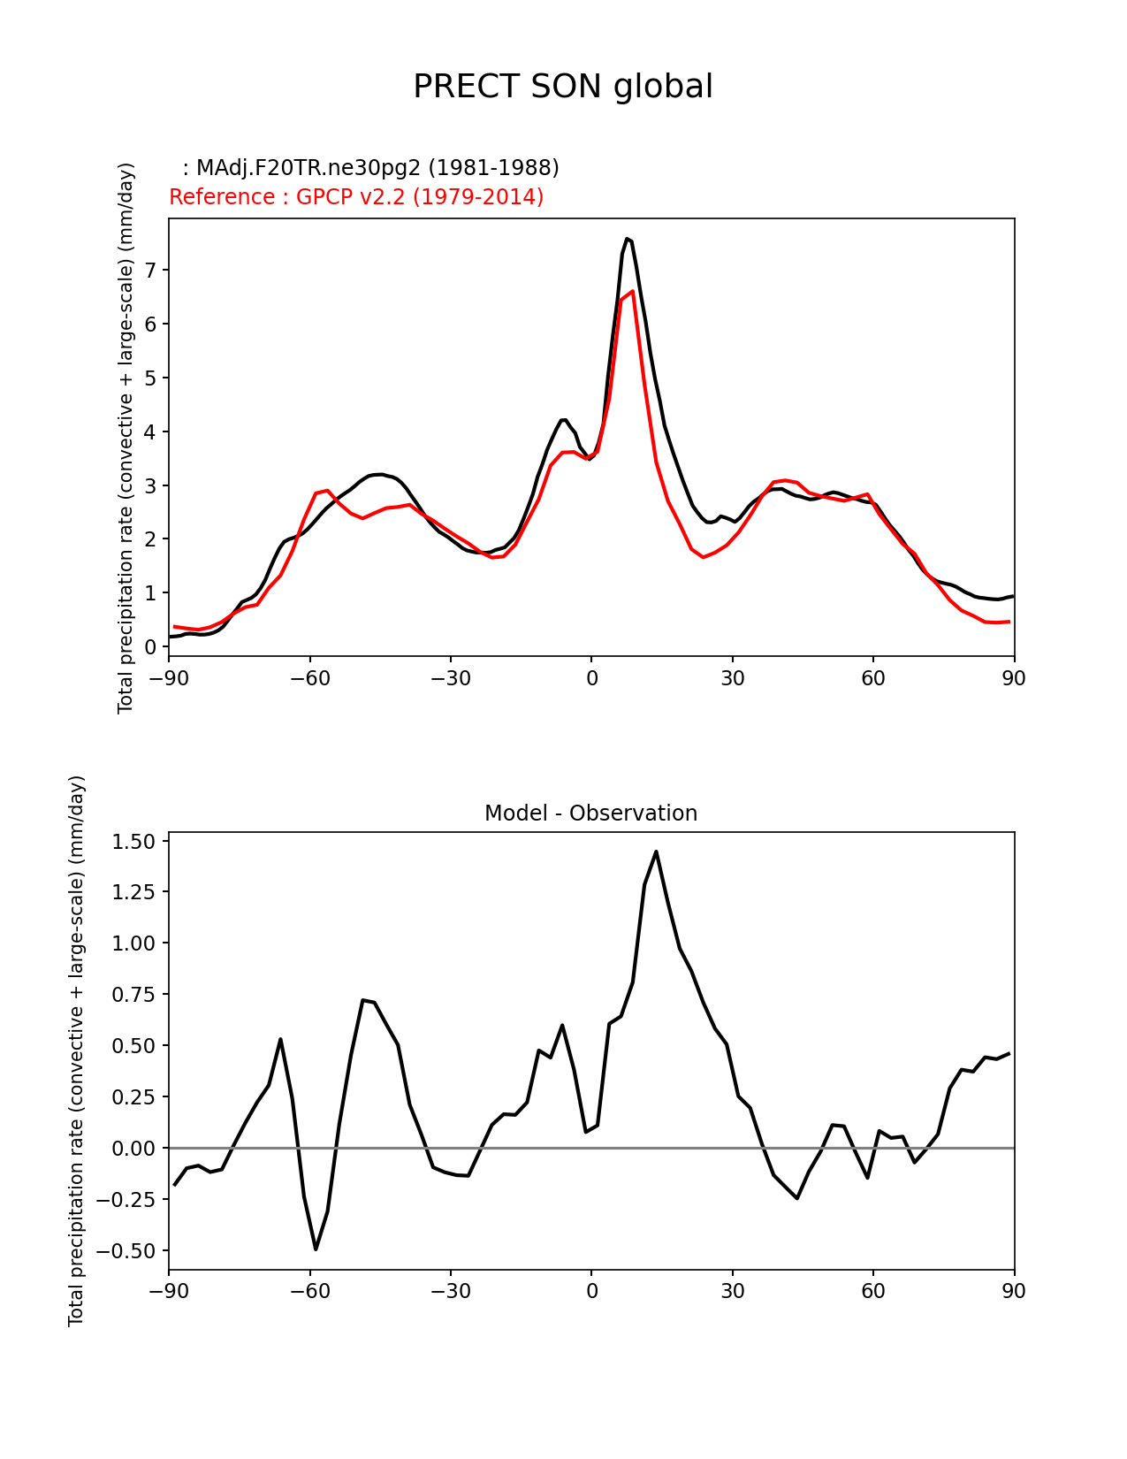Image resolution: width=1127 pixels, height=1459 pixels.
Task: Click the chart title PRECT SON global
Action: [x=563, y=87]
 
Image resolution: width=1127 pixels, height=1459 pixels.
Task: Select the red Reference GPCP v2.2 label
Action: [x=356, y=196]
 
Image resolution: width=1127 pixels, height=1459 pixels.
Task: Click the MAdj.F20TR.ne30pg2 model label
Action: [x=377, y=168]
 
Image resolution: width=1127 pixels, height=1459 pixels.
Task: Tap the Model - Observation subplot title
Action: [x=590, y=814]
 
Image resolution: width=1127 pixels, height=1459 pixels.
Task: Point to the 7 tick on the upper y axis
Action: [x=151, y=271]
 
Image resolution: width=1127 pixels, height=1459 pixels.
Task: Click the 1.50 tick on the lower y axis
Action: [x=133, y=841]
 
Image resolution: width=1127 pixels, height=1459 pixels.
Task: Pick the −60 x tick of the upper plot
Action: [x=309, y=678]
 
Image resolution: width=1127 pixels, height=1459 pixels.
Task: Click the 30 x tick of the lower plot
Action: [x=732, y=1291]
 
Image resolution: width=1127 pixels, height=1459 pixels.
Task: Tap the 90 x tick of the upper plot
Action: [x=1014, y=678]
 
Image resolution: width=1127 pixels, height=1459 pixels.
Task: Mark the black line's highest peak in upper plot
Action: [x=627, y=239]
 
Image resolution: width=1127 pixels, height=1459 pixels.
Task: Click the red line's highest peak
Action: [x=632, y=291]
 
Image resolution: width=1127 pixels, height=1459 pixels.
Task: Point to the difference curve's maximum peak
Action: [x=656, y=852]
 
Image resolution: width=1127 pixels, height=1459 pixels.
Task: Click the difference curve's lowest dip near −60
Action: [x=316, y=1249]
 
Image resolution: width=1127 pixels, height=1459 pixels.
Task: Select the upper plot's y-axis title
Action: [x=126, y=438]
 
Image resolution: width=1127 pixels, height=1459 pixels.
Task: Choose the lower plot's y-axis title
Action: [x=77, y=1050]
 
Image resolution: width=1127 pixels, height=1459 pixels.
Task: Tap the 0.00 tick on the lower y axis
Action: [x=133, y=1149]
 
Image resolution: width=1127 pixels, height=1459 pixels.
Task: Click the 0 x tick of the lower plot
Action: [x=591, y=1291]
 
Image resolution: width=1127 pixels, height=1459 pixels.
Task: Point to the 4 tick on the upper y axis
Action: [x=151, y=432]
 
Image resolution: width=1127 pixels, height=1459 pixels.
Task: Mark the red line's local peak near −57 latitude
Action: [x=326, y=490]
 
